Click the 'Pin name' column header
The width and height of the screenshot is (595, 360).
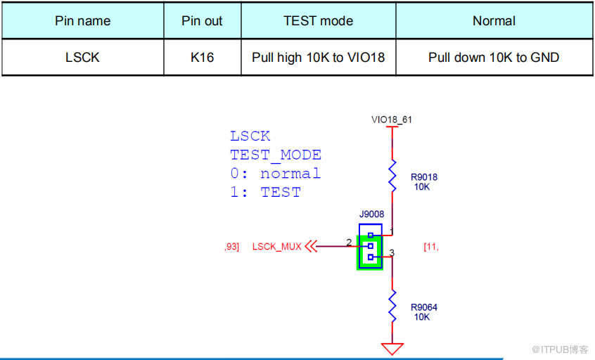tap(82, 21)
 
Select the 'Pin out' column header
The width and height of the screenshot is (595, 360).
tap(202, 21)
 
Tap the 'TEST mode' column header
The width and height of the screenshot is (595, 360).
tap(318, 21)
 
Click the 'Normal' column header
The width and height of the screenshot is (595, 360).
tap(494, 21)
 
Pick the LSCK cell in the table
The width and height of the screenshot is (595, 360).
tap(82, 57)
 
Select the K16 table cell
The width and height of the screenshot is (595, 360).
tap(202, 57)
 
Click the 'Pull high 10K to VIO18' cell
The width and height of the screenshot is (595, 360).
tap(318, 57)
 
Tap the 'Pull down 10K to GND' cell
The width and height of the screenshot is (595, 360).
tap(494, 57)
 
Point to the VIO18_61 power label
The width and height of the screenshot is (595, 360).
tap(392, 120)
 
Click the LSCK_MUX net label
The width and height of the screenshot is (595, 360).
tap(276, 247)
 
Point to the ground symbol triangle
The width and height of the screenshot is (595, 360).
tap(392, 347)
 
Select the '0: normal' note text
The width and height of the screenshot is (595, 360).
tap(275, 174)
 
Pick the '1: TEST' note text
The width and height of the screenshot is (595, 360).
tap(265, 192)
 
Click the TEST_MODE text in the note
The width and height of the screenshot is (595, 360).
tap(275, 155)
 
